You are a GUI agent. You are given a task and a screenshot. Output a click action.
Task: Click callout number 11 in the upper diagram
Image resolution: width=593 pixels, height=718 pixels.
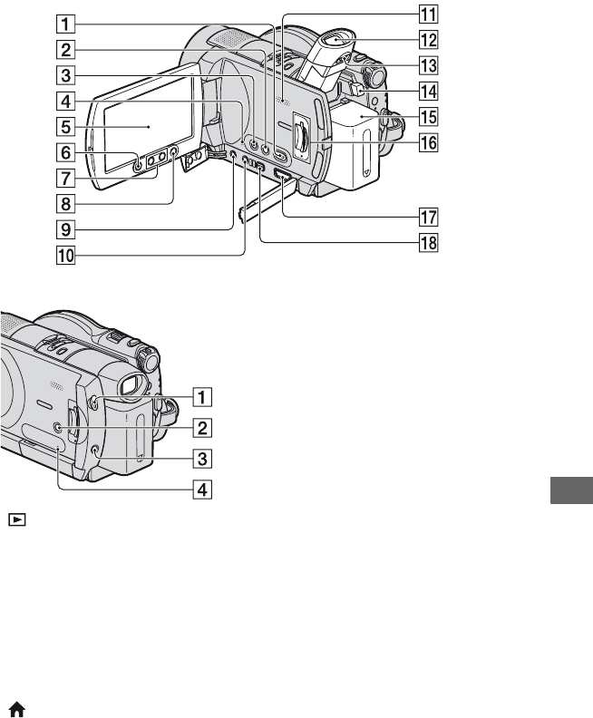tap(429, 14)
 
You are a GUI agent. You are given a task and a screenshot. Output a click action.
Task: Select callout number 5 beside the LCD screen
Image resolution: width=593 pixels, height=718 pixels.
tap(66, 126)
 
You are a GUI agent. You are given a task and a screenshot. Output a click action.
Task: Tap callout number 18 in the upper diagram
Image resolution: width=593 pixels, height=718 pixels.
tap(429, 243)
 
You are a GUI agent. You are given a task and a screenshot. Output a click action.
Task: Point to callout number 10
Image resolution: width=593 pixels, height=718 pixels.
tap(66, 255)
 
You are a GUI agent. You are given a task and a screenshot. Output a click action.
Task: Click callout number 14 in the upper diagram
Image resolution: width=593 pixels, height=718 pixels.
tap(429, 92)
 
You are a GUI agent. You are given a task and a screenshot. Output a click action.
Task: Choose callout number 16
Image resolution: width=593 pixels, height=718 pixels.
tap(429, 142)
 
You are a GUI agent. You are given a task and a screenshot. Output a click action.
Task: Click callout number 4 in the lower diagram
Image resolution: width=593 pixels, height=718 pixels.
tap(202, 489)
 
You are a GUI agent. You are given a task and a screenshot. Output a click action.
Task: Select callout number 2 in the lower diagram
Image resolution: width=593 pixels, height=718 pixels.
tap(202, 428)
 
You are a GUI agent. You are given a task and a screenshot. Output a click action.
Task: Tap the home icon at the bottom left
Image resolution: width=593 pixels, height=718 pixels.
tap(17, 710)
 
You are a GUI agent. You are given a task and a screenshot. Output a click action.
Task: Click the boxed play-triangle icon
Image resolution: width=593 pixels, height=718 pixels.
tap(17, 519)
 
